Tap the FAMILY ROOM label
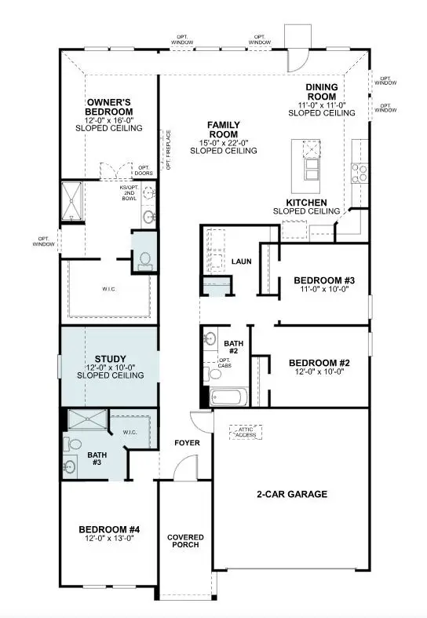[x=224, y=129]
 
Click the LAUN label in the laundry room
[x=241, y=261]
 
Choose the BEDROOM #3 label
[x=324, y=280]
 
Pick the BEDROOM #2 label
[x=319, y=362]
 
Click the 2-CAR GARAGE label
[x=291, y=494]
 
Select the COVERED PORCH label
[x=185, y=542]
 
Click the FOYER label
[x=187, y=444]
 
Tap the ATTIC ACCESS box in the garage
[x=246, y=433]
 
